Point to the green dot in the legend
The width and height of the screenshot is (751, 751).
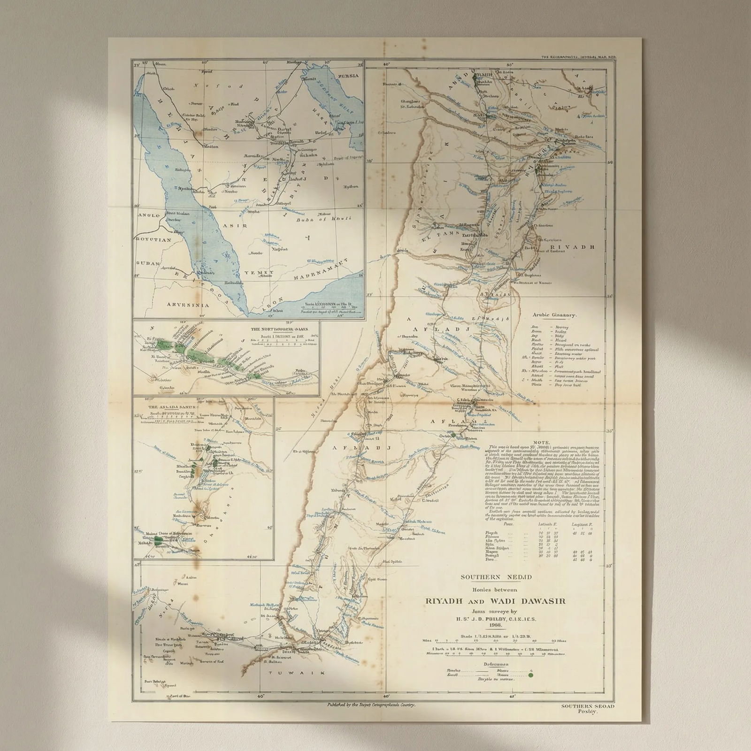[x=531, y=676]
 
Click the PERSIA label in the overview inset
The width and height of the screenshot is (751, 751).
[x=349, y=76]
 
